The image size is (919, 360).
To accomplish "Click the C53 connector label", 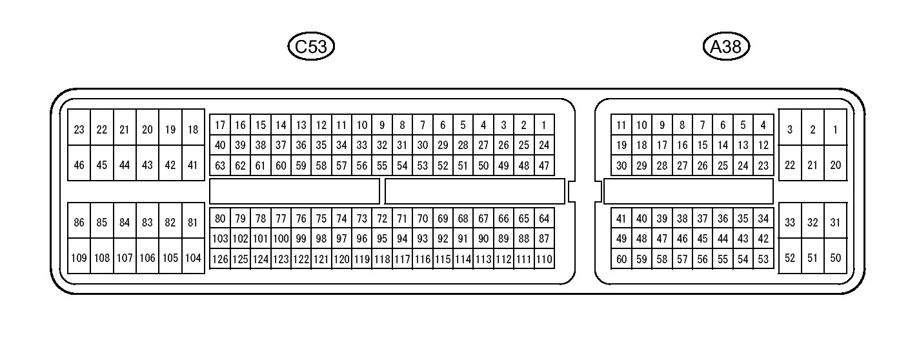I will click(312, 46).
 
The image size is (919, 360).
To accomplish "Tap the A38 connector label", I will click(726, 46).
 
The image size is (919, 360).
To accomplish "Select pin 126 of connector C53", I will click(220, 259).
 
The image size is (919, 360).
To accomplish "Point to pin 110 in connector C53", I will click(544, 259).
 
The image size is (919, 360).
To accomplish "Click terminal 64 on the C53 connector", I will click(544, 219).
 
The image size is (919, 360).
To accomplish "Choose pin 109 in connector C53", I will click(79, 258).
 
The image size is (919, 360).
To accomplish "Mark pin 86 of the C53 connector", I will click(79, 223).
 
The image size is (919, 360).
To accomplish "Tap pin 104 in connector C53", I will click(193, 258).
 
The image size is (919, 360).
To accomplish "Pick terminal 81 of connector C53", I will click(193, 223).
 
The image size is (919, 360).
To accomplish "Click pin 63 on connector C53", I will click(220, 166).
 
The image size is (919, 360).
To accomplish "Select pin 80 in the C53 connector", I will click(220, 219).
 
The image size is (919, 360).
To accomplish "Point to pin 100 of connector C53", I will click(281, 239).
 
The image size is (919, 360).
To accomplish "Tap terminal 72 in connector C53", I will click(382, 219).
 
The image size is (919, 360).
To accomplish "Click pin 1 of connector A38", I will click(836, 130).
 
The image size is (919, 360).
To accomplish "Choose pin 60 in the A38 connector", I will click(621, 259).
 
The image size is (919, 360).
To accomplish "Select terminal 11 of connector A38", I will click(621, 125).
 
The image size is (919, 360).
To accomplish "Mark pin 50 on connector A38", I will click(836, 258).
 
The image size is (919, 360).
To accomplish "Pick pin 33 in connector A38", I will click(790, 223).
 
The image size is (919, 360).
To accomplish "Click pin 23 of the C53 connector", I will click(79, 130).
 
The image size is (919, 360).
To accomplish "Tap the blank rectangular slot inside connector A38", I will click(688, 191).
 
